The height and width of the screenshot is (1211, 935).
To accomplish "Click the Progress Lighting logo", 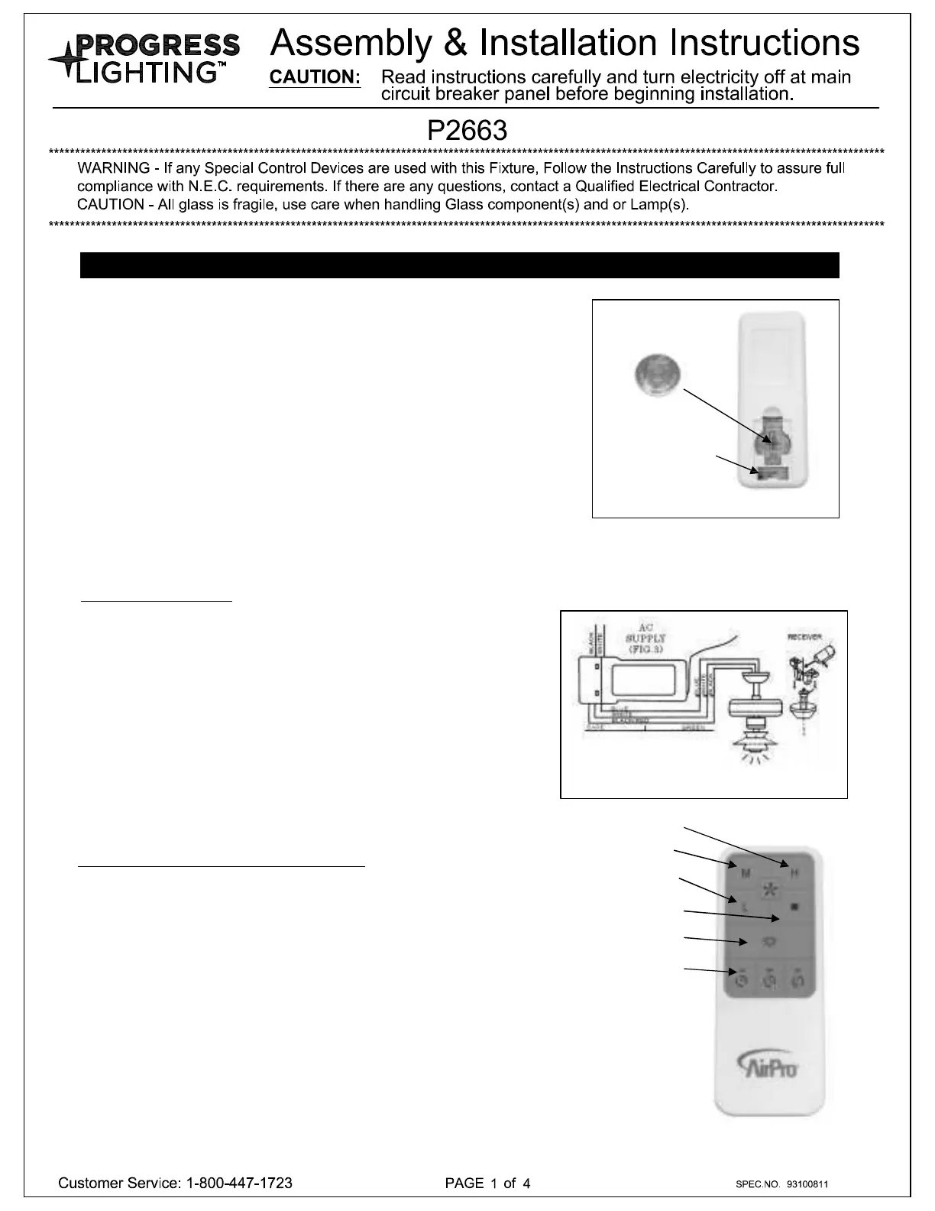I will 144,59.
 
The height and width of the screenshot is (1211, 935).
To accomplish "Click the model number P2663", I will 467,131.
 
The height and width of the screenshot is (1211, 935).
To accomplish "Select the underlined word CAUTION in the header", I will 315,78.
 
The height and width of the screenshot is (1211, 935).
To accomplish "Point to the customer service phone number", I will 239,1183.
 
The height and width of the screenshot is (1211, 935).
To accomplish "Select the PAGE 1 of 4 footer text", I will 487,1183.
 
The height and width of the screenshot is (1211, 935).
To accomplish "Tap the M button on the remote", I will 746,873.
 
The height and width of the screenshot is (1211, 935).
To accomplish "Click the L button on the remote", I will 744,907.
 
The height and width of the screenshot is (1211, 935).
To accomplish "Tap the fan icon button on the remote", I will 770,888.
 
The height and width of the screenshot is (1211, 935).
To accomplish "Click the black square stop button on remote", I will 794,907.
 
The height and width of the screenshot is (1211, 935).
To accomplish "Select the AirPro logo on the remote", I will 768,1065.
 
